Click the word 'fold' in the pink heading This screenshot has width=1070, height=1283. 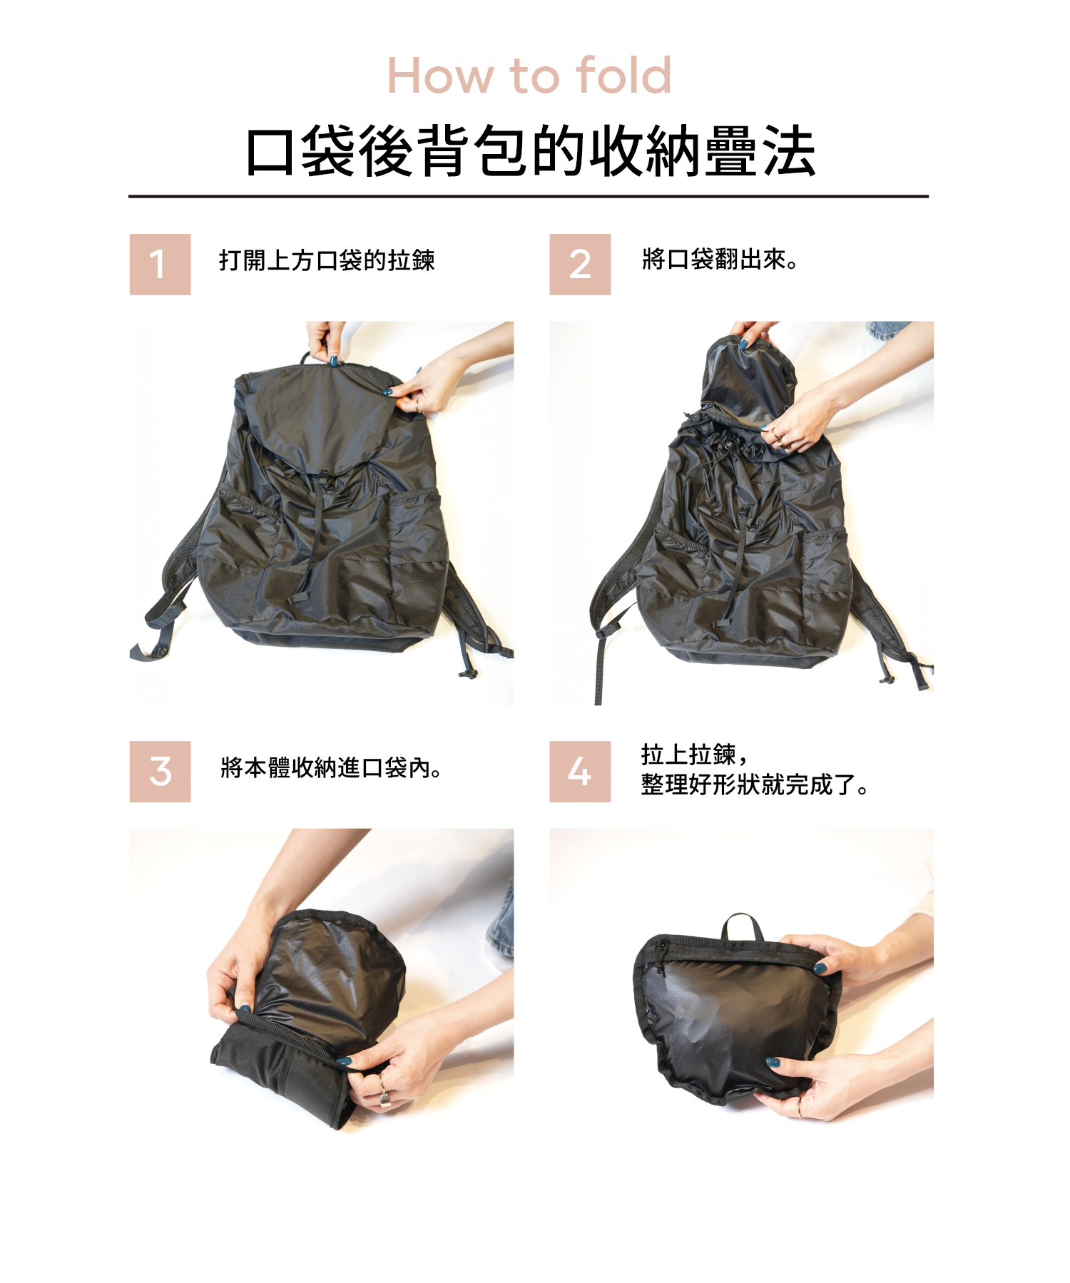(623, 76)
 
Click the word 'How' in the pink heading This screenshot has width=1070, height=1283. (440, 76)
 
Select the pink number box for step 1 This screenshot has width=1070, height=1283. (160, 264)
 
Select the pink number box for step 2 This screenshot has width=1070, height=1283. (579, 264)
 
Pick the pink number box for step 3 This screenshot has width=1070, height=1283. (160, 771)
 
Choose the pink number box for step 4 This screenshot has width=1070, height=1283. (579, 771)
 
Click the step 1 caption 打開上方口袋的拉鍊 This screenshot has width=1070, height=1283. (327, 260)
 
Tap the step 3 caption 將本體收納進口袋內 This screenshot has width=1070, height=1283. (330, 767)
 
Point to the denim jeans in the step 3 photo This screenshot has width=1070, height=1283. (501, 920)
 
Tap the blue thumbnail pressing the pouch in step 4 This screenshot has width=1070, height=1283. (773, 1063)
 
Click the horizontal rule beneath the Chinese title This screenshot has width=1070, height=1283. (528, 196)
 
